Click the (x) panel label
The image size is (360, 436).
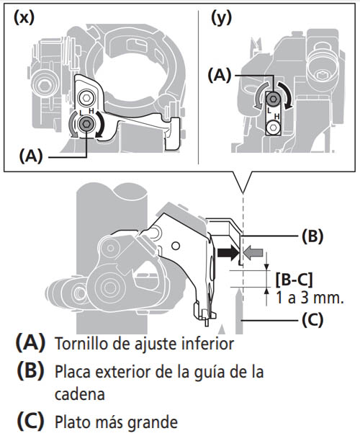pyautogui.click(x=24, y=17)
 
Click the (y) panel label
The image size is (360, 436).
pyautogui.click(x=221, y=18)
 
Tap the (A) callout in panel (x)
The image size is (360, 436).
pyautogui.click(x=31, y=156)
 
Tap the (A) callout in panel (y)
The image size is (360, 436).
pyautogui.click(x=220, y=76)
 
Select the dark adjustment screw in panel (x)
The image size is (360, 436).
pyautogui.click(x=86, y=124)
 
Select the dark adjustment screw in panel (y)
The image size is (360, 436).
pyautogui.click(x=274, y=99)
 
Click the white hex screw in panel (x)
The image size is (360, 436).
pyautogui.click(x=86, y=97)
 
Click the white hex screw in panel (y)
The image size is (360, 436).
pyautogui.click(x=274, y=128)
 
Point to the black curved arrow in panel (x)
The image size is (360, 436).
pyautogui.click(x=101, y=125)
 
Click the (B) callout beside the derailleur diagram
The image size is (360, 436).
pyautogui.click(x=312, y=236)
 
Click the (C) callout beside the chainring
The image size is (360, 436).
pyautogui.click(x=312, y=320)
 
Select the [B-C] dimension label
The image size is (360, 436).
pyautogui.click(x=294, y=280)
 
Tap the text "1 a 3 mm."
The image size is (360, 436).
pyautogui.click(x=310, y=298)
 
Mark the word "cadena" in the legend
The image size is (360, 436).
pyautogui.click(x=80, y=394)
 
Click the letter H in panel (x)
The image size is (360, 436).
pyautogui.click(x=91, y=111)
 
